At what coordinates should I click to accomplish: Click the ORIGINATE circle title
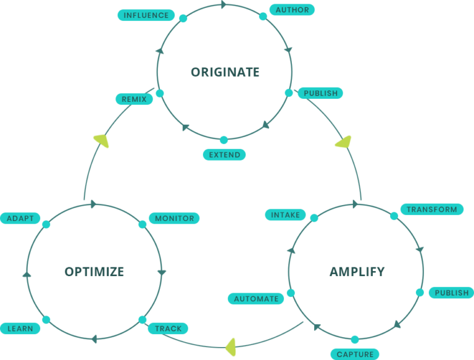coord(225,72)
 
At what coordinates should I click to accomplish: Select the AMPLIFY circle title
coord(357,272)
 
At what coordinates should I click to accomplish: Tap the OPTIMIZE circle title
coord(94,272)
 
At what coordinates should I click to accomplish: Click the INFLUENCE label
coord(146,15)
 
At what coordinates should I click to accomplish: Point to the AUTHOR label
coord(293,10)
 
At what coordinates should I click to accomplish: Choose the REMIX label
coord(134,99)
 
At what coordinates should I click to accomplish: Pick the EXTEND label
coord(225,154)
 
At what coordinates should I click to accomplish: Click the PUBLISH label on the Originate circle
coord(320,93)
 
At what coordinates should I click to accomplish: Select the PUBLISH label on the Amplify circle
coord(451,293)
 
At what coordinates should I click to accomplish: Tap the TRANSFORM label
coord(432,209)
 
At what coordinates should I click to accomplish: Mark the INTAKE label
coord(285,215)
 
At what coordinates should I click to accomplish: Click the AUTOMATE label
coord(256,299)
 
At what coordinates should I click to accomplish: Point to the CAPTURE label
coord(355,354)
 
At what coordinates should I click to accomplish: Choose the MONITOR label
coord(174,218)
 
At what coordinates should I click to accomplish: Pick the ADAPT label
coord(20,218)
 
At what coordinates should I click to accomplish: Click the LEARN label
coord(20,329)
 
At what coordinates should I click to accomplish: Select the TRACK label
coord(168,329)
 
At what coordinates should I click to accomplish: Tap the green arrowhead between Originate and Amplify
coord(343,141)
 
